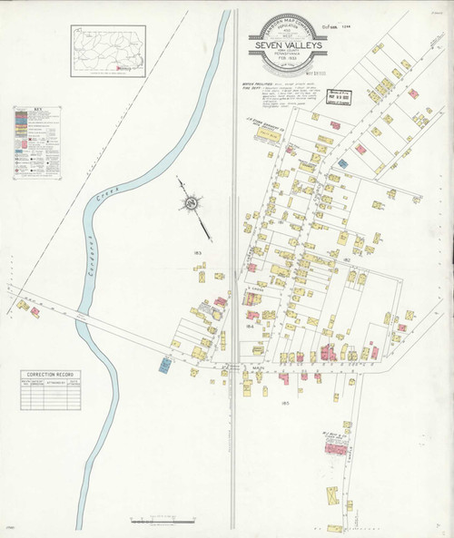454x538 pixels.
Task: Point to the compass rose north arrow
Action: (x=192, y=204)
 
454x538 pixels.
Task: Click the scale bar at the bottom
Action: (x=160, y=521)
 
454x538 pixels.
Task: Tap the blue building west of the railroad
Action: (x=165, y=365)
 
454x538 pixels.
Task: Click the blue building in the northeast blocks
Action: (x=343, y=162)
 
